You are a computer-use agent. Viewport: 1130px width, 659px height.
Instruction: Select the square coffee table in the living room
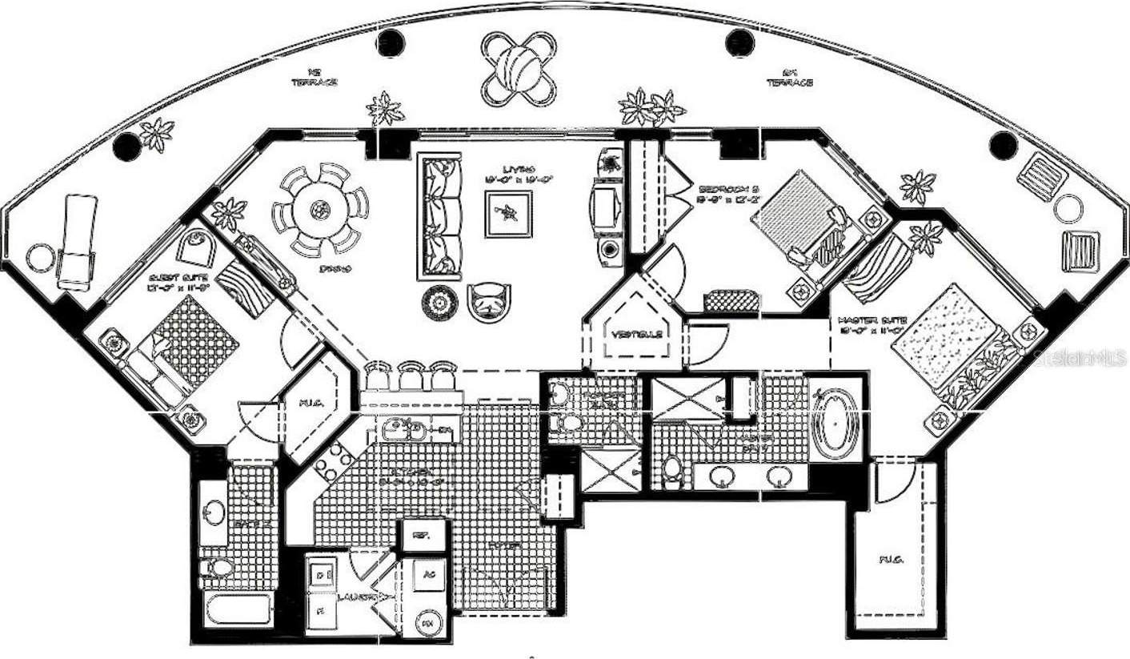507,213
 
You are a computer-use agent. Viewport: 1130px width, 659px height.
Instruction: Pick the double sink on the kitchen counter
403,430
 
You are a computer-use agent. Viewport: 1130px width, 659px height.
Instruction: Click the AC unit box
429,575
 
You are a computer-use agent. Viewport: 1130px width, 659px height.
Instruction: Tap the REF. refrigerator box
418,535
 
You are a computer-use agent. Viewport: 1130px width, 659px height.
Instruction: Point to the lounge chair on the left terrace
77,240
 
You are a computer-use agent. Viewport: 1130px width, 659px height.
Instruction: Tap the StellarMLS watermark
1080,358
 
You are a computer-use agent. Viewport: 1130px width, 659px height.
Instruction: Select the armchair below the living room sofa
489,302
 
